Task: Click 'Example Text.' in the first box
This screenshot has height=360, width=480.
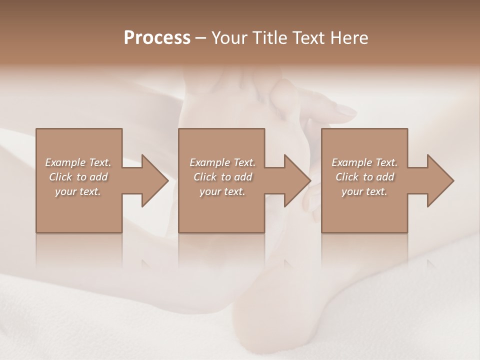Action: pos(78,162)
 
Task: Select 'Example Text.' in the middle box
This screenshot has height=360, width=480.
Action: pos(222,162)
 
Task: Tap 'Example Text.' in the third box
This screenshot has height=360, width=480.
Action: pos(364,162)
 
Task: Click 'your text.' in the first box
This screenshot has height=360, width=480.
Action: pos(78,191)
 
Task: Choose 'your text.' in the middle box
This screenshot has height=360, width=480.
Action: pos(222,191)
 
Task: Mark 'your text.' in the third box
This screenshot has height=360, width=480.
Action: pos(364,191)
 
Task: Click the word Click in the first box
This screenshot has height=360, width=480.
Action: pos(60,177)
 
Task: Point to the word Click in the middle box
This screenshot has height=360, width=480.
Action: pos(205,177)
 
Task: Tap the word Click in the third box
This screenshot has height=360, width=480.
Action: pos(347,177)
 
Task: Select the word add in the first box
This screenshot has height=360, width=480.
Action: pos(98,177)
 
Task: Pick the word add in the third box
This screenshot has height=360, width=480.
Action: pos(385,177)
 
